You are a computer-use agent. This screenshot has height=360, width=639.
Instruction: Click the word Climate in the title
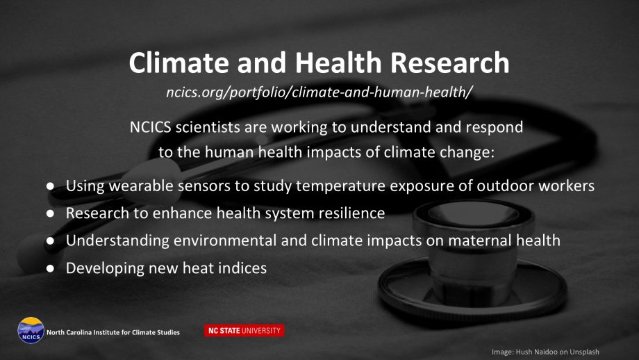point(179,63)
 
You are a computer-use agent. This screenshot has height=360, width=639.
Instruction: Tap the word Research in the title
point(450,63)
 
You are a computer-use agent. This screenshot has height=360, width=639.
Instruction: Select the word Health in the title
point(338,63)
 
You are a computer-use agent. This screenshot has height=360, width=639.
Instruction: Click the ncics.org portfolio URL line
point(319,92)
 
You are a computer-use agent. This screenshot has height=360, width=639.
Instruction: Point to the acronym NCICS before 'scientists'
point(151,127)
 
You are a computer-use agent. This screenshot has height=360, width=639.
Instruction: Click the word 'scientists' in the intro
point(208,127)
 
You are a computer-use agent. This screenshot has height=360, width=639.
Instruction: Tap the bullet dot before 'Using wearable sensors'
point(50,186)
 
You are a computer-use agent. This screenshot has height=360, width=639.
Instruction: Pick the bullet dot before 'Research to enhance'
point(50,213)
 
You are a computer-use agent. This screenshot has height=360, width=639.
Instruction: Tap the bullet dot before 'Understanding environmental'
point(50,241)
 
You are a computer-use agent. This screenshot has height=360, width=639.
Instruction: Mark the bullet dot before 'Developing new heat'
point(50,268)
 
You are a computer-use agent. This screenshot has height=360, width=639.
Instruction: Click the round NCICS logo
point(31,330)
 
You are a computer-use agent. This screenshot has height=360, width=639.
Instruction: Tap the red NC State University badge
point(244,331)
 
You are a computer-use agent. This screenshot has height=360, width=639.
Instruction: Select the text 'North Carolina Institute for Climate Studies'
point(113,332)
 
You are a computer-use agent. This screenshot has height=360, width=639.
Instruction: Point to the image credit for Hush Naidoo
point(545,352)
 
